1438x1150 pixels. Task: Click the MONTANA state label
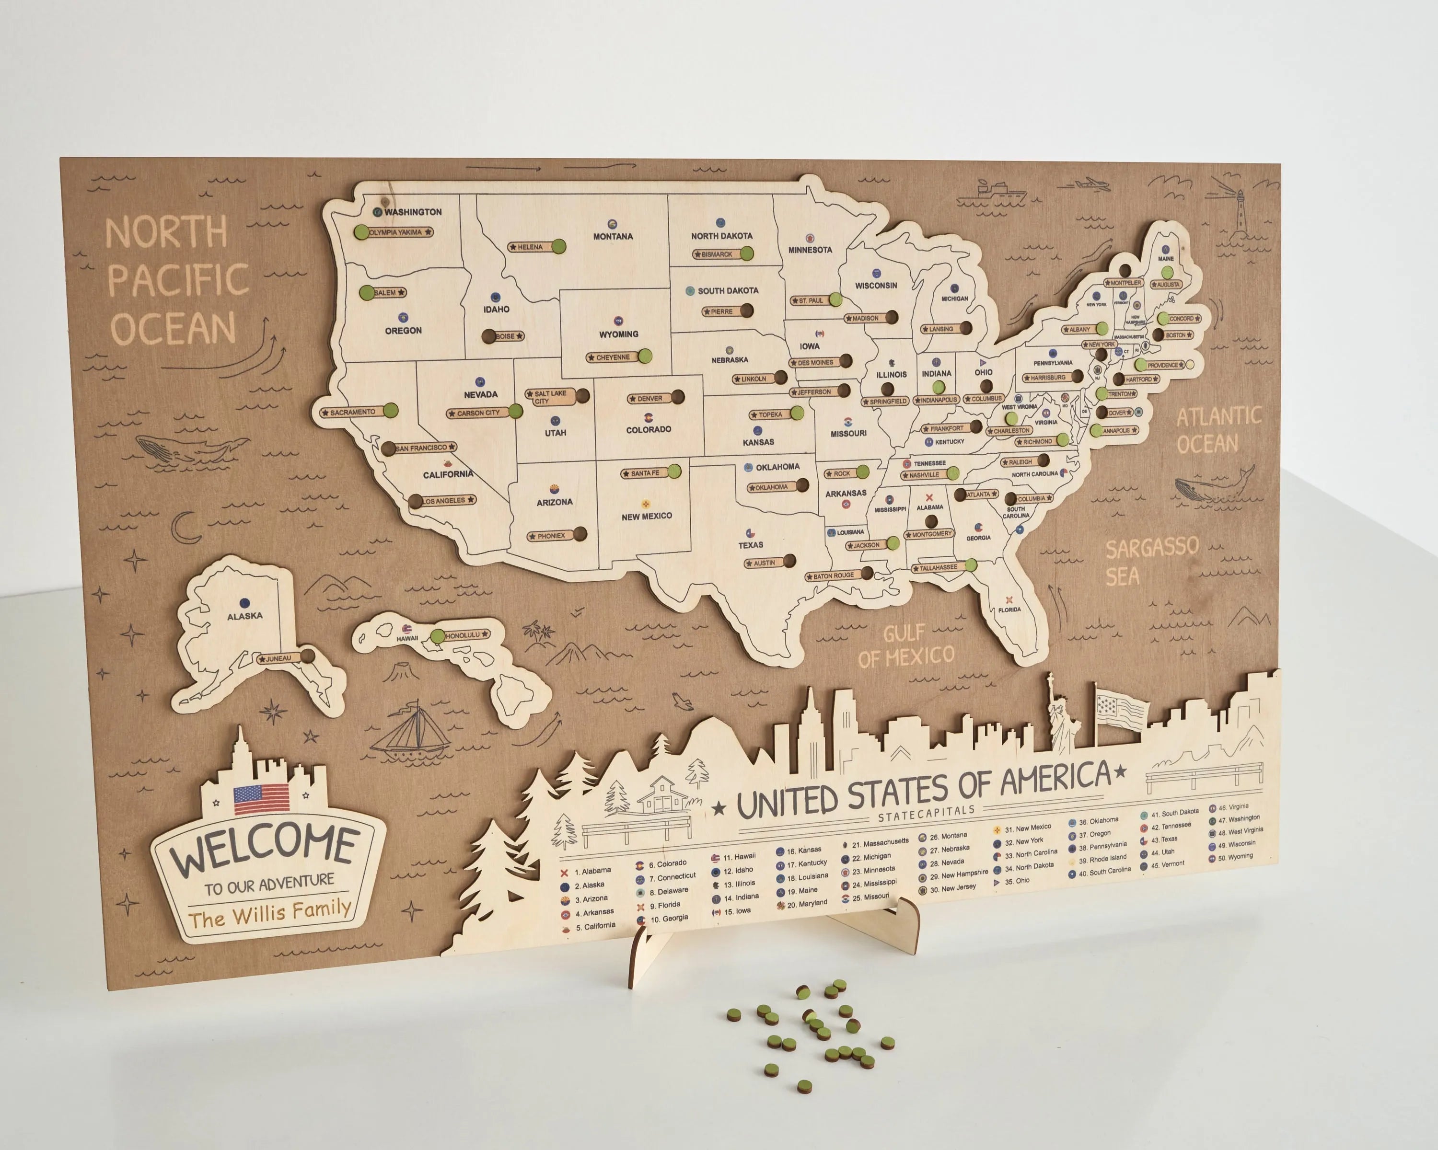point(612,236)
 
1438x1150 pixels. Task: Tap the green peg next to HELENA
point(559,247)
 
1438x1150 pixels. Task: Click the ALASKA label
point(245,616)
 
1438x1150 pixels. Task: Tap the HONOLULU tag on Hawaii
point(465,635)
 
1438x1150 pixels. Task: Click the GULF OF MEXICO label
point(906,645)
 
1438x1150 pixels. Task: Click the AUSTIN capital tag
point(764,563)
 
